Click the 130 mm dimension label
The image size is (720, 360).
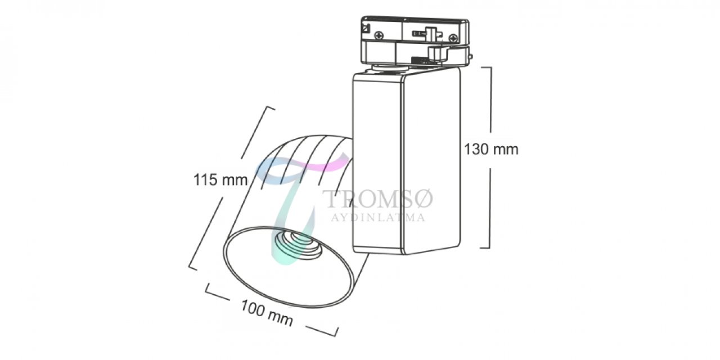pos(491,150)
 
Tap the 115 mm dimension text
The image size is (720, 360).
pos(220,179)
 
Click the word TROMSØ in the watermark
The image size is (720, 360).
pos(378,199)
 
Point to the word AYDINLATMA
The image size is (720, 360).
pos(378,218)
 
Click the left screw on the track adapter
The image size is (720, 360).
pos(380,35)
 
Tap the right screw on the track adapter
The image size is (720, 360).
pos(453,38)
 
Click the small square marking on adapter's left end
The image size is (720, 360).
pos(366,29)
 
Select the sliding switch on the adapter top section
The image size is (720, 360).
pos(427,33)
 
